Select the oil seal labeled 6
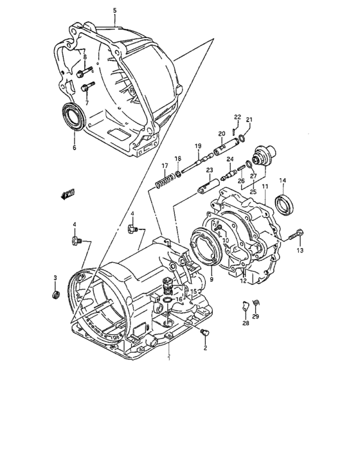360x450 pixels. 73,118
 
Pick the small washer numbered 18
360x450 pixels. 177,174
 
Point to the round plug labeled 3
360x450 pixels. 56,295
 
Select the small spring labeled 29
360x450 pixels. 255,303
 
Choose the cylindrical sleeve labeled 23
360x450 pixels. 205,186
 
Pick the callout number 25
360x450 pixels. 252,192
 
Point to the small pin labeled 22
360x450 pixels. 236,126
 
